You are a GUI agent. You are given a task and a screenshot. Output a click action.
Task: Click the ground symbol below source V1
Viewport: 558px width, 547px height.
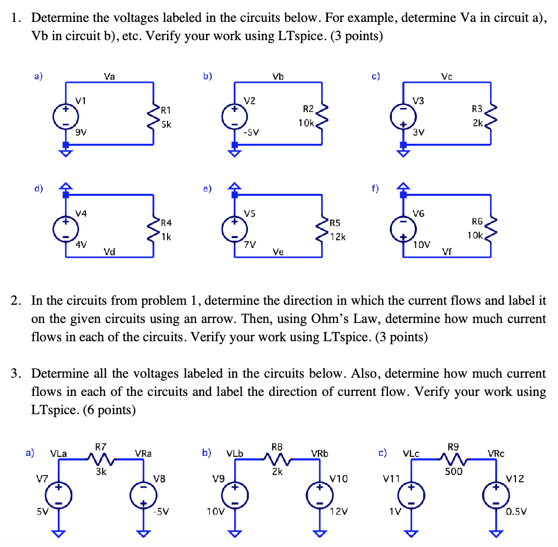pyautogui.click(x=66, y=152)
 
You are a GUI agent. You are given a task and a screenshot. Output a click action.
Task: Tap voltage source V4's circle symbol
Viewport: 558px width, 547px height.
pyautogui.click(x=66, y=230)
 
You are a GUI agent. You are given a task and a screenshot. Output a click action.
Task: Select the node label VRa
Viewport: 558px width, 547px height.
pyautogui.click(x=143, y=453)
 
